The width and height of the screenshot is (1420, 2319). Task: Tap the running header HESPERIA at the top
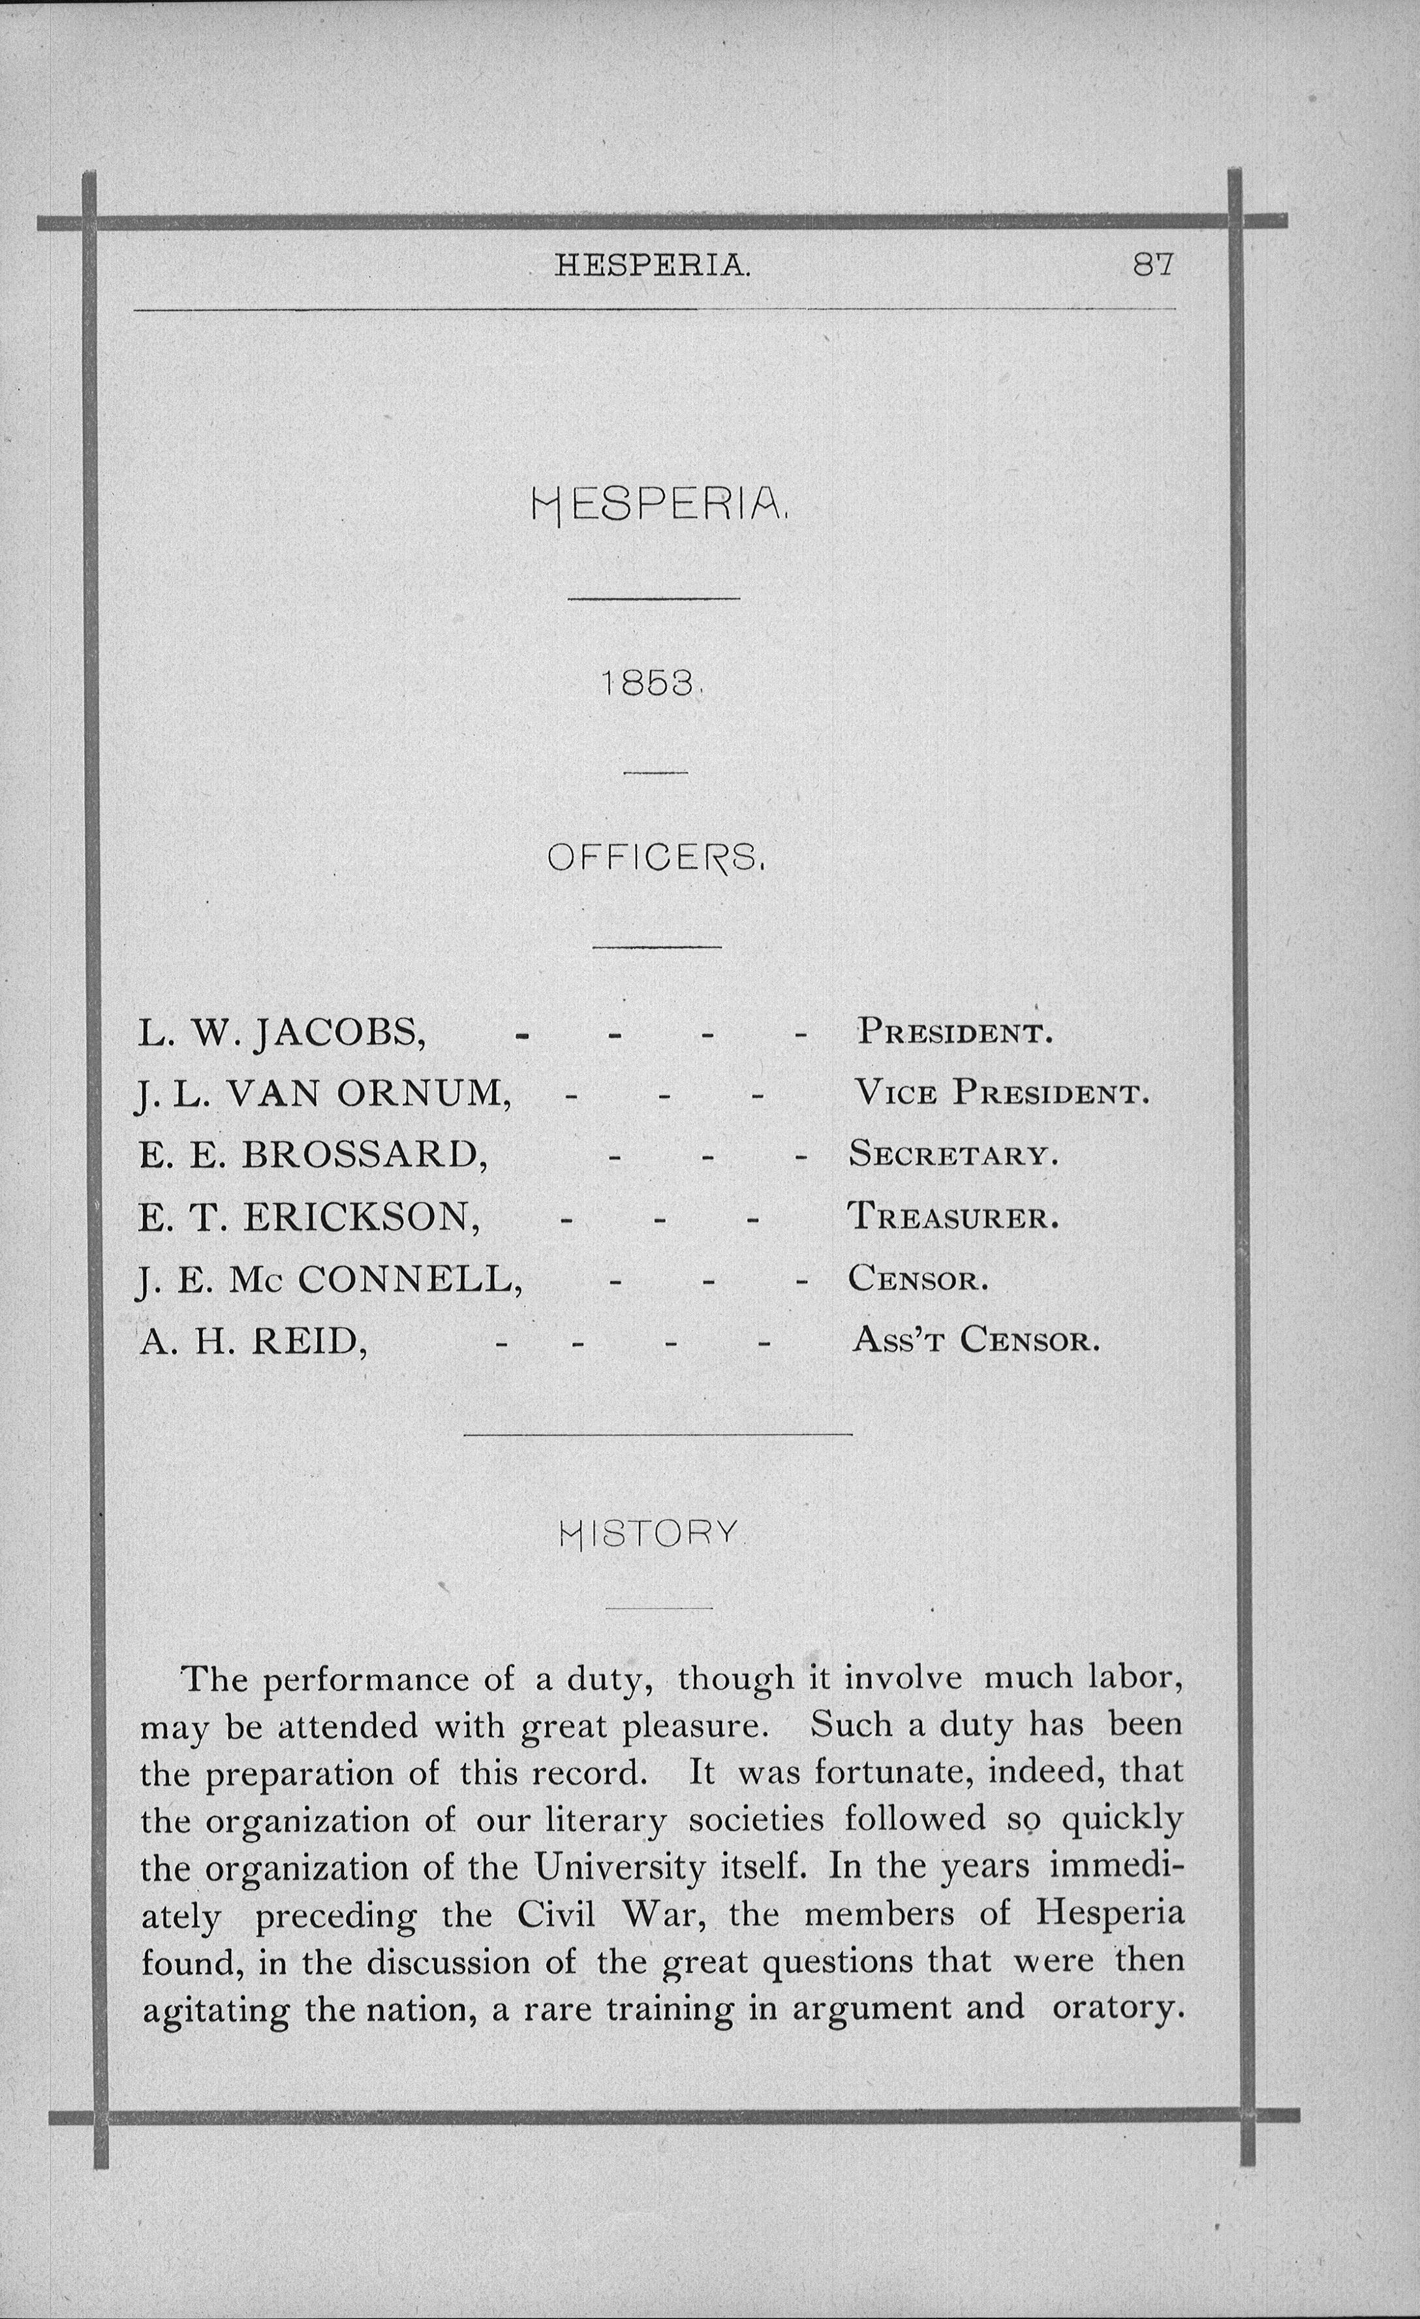[652, 266]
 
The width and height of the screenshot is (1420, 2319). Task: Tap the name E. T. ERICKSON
[309, 1218]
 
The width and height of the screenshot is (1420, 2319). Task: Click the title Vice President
[1000, 1094]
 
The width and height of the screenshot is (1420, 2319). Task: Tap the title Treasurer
[953, 1218]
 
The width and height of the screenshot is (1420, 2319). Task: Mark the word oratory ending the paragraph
[1117, 2008]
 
